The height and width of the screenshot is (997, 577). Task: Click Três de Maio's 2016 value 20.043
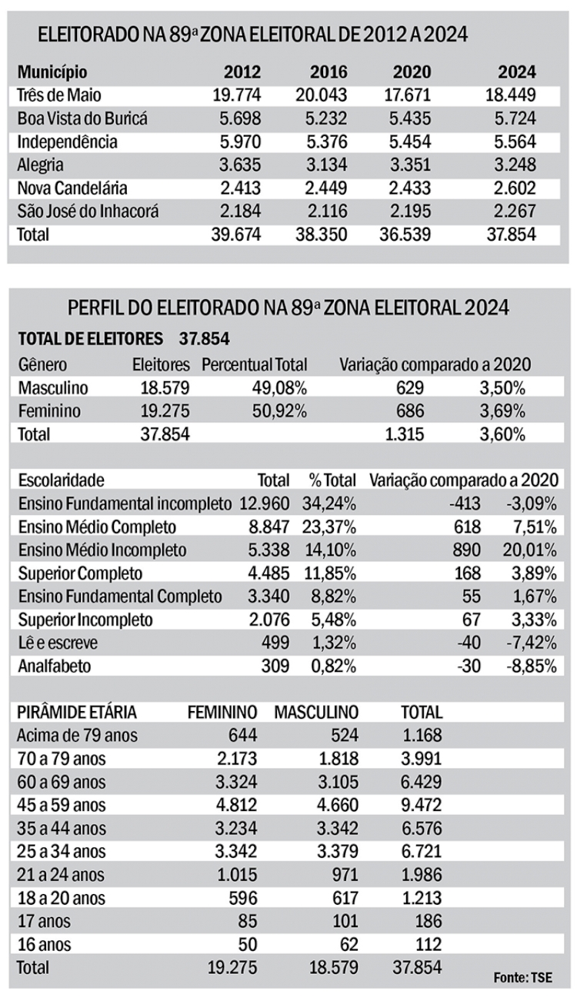(x=322, y=96)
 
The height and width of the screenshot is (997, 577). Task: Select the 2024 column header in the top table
(x=517, y=72)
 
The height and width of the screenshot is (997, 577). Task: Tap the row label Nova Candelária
(x=72, y=188)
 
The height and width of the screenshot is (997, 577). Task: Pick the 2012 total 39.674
(x=236, y=234)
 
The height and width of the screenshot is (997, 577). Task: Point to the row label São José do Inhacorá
(x=88, y=211)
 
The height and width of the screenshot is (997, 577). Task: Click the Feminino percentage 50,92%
(x=279, y=410)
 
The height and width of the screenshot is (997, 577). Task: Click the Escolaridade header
(x=61, y=481)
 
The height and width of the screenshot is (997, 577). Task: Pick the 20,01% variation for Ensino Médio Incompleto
(x=531, y=550)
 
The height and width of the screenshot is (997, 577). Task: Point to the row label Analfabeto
(x=54, y=666)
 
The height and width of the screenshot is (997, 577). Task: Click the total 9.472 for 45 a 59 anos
(x=421, y=806)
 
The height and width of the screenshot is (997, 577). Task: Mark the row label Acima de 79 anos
(x=77, y=736)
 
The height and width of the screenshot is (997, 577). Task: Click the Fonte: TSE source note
(x=533, y=977)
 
